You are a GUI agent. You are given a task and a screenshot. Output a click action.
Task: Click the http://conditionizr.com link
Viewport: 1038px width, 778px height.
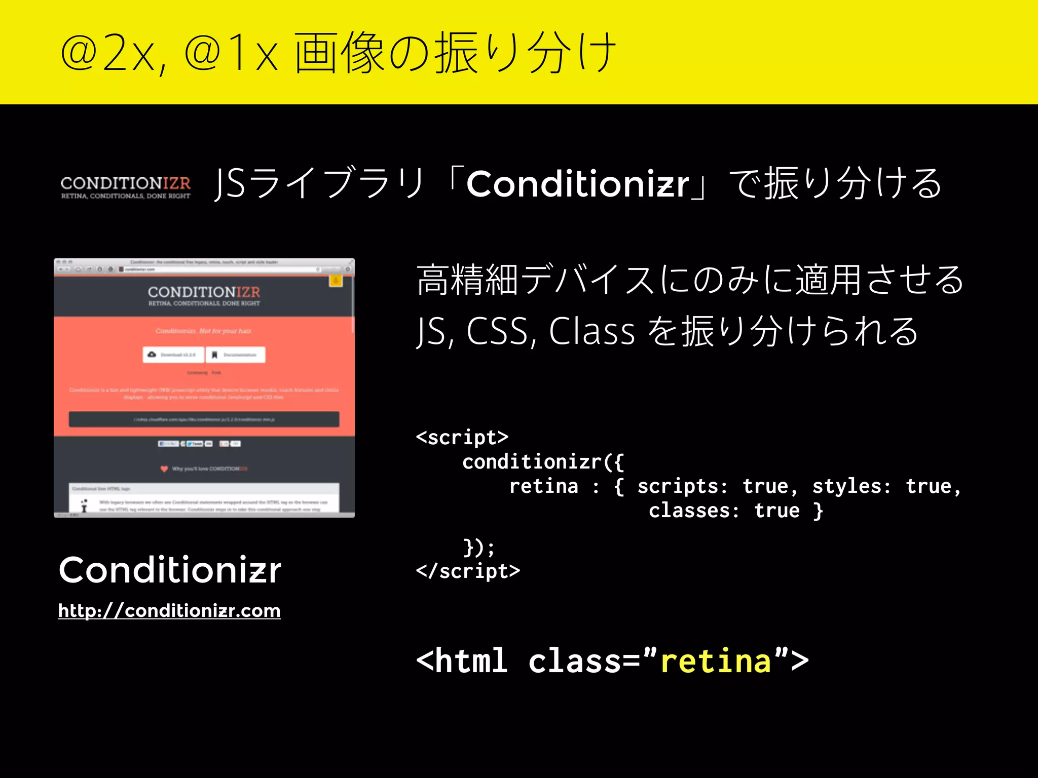(x=169, y=611)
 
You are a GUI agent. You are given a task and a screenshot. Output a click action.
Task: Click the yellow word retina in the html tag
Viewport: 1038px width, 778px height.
(x=716, y=662)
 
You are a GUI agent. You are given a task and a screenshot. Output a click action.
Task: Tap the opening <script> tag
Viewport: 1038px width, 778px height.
(x=462, y=437)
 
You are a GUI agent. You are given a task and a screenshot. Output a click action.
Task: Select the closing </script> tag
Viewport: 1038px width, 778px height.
(x=468, y=571)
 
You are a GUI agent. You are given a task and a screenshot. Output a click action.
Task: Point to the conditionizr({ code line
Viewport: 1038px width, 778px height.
(x=543, y=462)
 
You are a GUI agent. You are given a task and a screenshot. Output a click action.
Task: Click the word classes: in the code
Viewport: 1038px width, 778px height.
(x=694, y=511)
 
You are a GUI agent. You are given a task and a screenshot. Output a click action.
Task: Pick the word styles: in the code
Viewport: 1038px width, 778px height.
(x=851, y=486)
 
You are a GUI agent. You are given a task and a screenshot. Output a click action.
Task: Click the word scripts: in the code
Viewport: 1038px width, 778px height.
(x=682, y=486)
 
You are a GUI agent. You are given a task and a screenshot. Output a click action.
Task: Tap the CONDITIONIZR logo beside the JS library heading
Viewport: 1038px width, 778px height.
(x=125, y=187)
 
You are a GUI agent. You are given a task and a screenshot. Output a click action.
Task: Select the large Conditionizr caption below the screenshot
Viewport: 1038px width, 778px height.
(x=170, y=570)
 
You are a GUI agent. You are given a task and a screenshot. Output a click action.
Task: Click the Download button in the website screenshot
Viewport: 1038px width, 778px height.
(x=173, y=355)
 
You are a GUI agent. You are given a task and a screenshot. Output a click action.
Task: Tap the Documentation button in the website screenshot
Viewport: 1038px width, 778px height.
(x=235, y=355)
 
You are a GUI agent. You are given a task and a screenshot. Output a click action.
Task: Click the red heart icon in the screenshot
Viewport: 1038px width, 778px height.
(x=164, y=469)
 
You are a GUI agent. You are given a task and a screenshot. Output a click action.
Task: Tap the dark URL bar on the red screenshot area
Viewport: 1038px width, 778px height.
(x=204, y=419)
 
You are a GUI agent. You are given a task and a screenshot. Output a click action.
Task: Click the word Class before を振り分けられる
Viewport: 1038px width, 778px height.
(x=591, y=331)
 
